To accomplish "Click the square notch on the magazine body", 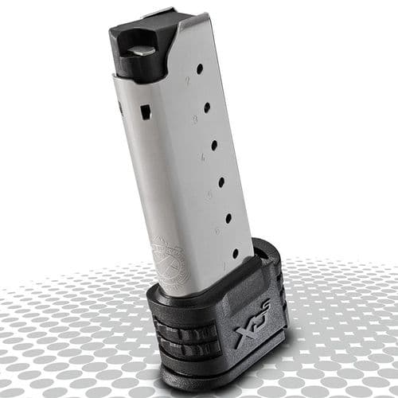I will [146, 111].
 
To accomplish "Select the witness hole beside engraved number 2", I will [199, 69].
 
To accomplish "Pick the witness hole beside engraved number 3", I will [207, 107].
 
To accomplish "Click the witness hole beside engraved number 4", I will [214, 145].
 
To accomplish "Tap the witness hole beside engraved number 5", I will [220, 181].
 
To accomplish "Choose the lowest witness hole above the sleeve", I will [235, 253].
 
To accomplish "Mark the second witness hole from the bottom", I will [228, 217].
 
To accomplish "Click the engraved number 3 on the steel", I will [195, 119].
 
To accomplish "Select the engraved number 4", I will [202, 157].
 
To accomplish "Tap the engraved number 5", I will [209, 193].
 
